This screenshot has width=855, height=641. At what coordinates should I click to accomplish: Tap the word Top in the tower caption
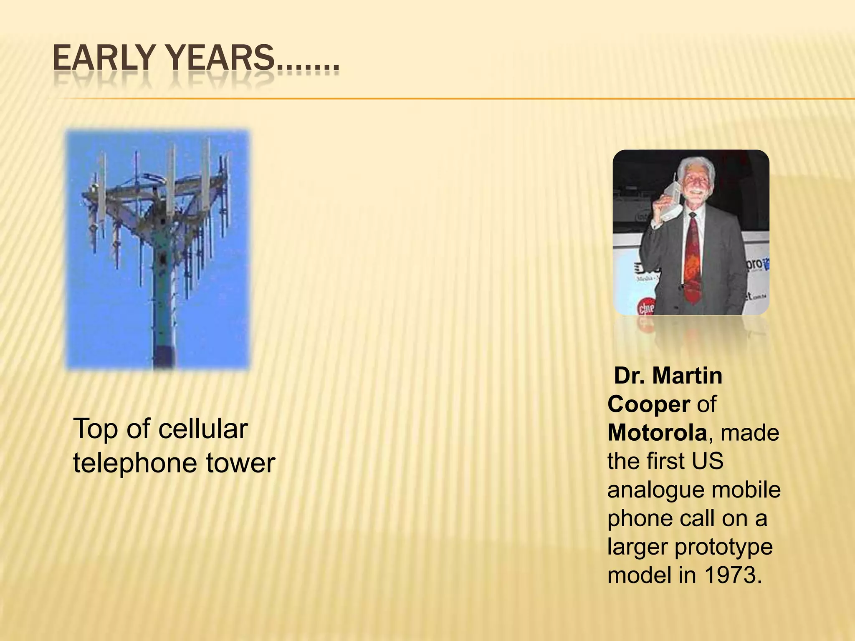96,429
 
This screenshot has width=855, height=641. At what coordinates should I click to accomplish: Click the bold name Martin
687,376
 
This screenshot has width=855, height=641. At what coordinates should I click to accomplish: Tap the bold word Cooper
648,404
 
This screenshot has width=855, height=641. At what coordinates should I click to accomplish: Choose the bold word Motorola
657,433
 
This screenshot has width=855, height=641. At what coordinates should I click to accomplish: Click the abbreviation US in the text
707,461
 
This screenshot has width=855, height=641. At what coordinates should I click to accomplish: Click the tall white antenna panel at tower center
171,179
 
